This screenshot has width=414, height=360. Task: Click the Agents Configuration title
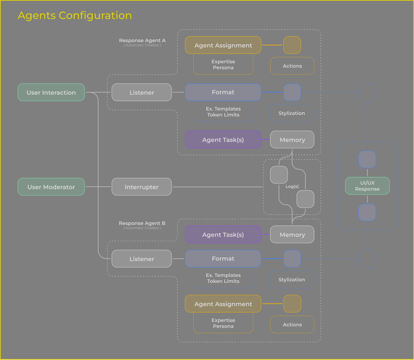[75, 15]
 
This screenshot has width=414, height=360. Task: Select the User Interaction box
[51, 92]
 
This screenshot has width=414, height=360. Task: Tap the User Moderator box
[51, 187]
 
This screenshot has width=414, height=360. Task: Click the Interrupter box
[141, 187]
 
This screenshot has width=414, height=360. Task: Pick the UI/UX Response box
[367, 186]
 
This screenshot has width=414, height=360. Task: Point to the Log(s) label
[292, 186]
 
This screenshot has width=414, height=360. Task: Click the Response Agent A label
[142, 41]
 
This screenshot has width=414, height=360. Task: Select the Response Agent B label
[142, 224]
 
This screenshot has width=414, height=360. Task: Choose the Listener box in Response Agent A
[141, 92]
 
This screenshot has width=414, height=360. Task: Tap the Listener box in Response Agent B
[141, 259]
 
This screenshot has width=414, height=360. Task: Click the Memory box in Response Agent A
[292, 140]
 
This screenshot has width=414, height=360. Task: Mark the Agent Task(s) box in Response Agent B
[223, 235]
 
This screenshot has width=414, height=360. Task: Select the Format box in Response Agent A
[223, 92]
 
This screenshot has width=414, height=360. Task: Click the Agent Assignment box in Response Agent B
[223, 304]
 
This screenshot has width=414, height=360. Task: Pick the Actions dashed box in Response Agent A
[292, 66]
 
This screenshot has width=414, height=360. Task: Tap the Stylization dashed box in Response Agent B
[292, 280]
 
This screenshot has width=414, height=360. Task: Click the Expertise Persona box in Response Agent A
[223, 65]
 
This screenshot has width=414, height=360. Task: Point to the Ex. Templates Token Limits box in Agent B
[223, 278]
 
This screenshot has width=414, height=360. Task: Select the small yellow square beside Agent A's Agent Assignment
[292, 45]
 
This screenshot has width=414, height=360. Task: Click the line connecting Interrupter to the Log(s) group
[218, 187]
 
